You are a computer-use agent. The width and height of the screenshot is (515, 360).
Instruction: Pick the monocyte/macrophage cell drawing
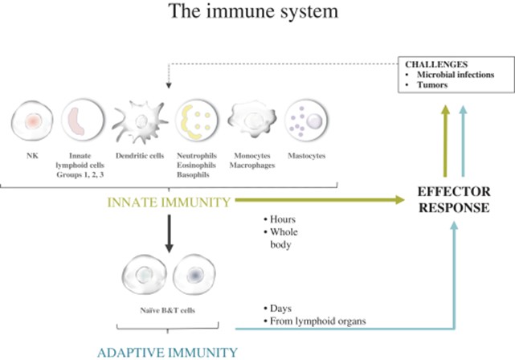tap(251, 121)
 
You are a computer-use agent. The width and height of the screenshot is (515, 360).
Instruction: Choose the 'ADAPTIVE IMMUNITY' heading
tap(167, 351)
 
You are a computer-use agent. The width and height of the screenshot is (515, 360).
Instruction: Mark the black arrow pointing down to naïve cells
tap(167, 234)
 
